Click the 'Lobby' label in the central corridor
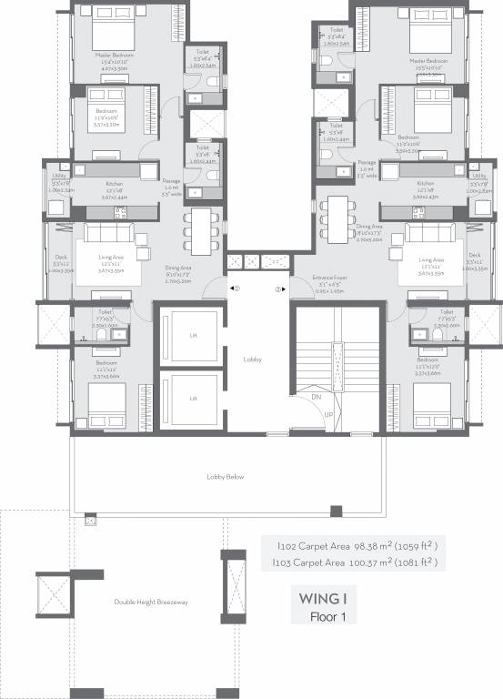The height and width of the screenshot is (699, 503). (x=253, y=360)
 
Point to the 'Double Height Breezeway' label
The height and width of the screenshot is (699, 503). (x=149, y=602)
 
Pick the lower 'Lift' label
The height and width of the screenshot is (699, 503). (x=193, y=398)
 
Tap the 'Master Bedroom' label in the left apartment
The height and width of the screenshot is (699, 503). (x=115, y=55)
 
